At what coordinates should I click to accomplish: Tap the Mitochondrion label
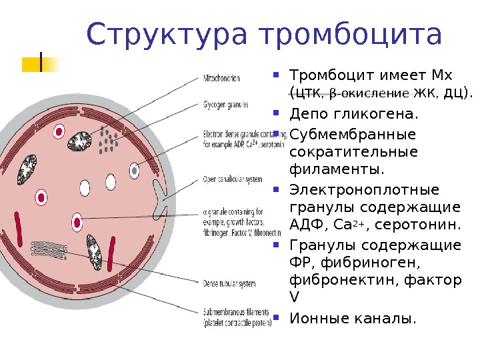click(221, 79)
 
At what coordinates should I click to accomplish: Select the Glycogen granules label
click(226, 105)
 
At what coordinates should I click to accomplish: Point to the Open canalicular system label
click(231, 179)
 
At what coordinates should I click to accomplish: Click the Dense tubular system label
click(229, 283)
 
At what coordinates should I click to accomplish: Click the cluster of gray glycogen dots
click(108, 139)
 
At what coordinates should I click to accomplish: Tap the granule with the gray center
click(134, 170)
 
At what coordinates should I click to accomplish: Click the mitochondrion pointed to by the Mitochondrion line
click(81, 141)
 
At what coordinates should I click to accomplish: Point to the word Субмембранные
click(353, 135)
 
